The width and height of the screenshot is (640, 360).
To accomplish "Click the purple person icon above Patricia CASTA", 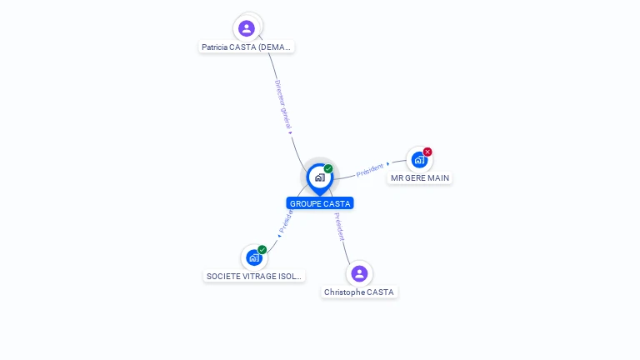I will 247,28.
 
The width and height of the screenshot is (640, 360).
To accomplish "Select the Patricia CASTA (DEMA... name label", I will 247,47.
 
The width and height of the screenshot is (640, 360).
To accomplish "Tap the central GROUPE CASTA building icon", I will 319,177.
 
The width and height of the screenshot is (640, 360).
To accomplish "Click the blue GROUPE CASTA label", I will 320,203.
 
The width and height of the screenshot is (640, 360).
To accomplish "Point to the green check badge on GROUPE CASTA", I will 328,168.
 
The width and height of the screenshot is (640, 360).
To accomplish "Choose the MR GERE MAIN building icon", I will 419,159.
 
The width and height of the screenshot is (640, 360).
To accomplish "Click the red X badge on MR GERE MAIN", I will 427,152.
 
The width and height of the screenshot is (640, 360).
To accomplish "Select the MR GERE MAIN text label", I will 420,177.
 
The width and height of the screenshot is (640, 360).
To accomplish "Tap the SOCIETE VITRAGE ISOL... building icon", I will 254,257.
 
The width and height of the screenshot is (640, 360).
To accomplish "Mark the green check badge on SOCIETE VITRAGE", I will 262,249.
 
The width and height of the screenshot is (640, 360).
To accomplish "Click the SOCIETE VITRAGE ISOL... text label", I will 254,276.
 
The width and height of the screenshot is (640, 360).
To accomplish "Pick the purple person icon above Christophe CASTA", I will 359,273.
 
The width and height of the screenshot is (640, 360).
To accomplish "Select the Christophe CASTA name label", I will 359,292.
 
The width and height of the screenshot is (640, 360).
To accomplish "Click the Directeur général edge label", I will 282,103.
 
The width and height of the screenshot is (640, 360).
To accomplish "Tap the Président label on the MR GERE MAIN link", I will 370,170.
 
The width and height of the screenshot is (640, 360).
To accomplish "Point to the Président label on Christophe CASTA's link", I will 339,227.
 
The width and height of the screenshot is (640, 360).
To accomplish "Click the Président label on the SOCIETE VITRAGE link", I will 286,221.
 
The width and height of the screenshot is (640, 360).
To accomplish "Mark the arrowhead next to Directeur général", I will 290,132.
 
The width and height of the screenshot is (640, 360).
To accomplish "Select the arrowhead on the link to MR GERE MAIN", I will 388,164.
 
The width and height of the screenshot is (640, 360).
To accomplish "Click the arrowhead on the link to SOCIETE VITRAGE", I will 279,234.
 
